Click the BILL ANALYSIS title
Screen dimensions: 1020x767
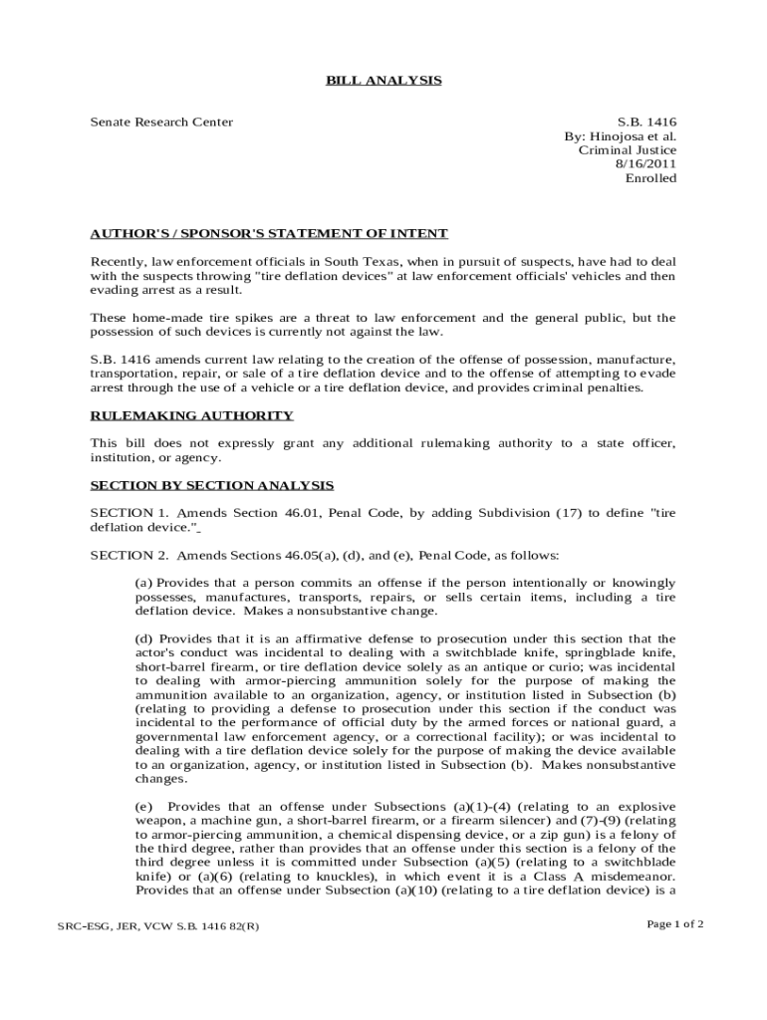(383, 80)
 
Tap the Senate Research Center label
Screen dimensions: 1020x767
(161, 123)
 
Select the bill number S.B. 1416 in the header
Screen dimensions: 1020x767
(647, 123)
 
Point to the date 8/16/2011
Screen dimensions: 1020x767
(646, 164)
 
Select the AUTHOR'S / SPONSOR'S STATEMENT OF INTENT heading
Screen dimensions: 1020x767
(269, 234)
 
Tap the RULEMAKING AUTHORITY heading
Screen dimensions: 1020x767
(191, 415)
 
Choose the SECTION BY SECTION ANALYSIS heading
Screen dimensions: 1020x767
(212, 485)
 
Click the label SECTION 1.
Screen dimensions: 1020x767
(126, 513)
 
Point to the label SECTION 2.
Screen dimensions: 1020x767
(126, 555)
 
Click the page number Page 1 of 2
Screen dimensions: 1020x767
(675, 924)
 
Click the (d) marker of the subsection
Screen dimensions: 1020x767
(143, 638)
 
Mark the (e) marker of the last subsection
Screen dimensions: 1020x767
(143, 806)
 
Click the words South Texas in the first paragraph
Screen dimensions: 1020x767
(364, 262)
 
